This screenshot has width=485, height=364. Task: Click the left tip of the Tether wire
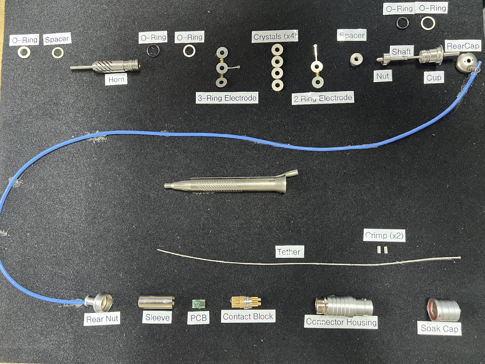[158, 250]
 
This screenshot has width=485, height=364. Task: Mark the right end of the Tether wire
[460, 258]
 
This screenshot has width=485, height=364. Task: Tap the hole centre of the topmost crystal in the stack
[277, 50]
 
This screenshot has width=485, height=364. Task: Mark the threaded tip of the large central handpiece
[166, 185]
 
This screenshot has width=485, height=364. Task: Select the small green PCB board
[199, 304]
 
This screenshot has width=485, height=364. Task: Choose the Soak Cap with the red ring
[443, 310]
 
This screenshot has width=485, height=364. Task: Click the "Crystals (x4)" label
[275, 37]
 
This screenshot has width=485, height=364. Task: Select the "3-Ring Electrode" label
[227, 98]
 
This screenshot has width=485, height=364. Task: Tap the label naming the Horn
[116, 80]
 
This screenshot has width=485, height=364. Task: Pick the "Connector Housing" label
[341, 322]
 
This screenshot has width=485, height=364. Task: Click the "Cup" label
[434, 78]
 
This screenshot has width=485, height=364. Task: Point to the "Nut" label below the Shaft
[383, 76]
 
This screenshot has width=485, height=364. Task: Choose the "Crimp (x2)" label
[384, 236]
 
